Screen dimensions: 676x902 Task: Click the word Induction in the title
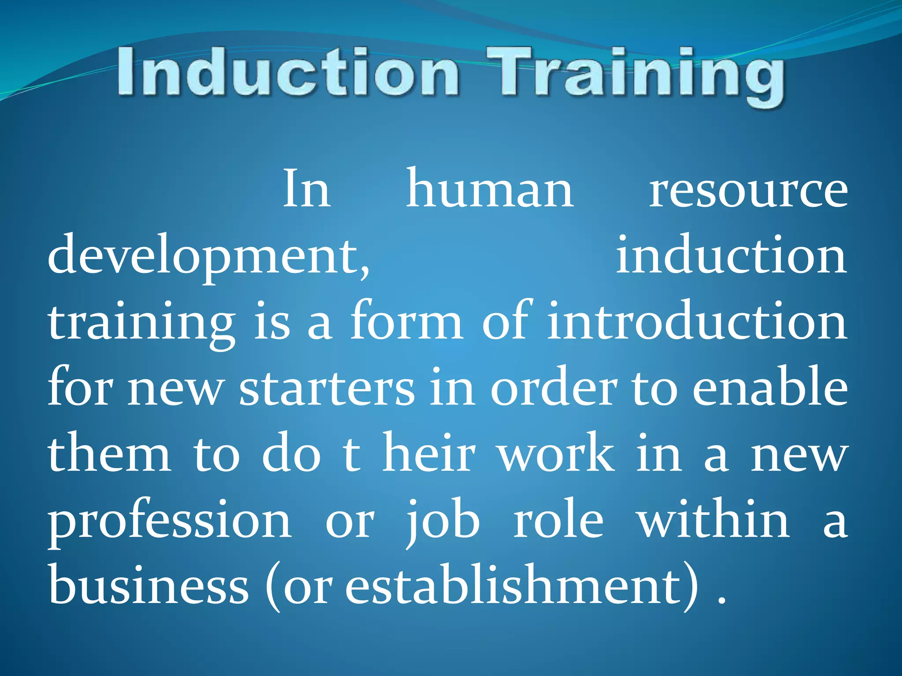[288, 73]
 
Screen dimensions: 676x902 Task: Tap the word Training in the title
[634, 75]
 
